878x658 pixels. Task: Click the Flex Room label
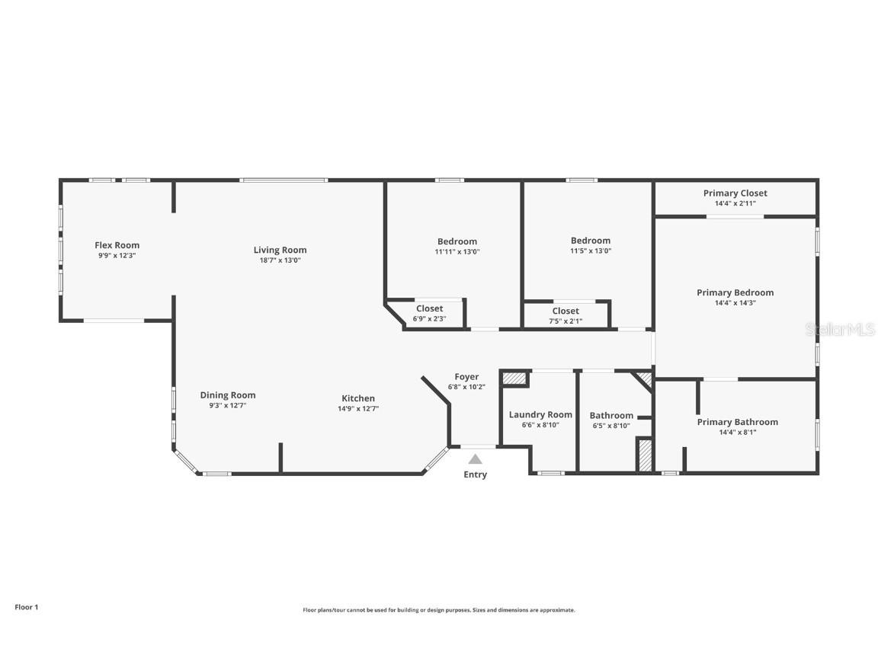[117, 245]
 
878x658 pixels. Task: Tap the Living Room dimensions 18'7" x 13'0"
[280, 260]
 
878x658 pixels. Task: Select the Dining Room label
[228, 395]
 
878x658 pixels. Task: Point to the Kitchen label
[358, 398]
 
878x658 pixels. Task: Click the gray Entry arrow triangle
[475, 459]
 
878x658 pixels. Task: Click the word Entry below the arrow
[475, 474]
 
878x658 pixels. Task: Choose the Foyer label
[466, 377]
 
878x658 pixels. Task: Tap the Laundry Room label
[540, 415]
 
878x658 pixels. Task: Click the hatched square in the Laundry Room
[515, 378]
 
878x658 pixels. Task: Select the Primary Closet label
[735, 193]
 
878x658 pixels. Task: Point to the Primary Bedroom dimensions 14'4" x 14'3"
[735, 303]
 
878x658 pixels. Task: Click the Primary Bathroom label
[737, 422]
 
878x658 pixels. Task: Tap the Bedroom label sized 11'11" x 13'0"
[457, 241]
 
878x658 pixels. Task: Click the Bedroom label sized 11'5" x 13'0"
[590, 241]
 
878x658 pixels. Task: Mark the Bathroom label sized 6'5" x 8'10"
[611, 416]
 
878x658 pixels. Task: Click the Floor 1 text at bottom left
[26, 607]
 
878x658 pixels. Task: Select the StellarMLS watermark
[840, 330]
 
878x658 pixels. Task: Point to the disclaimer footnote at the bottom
[438, 610]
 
